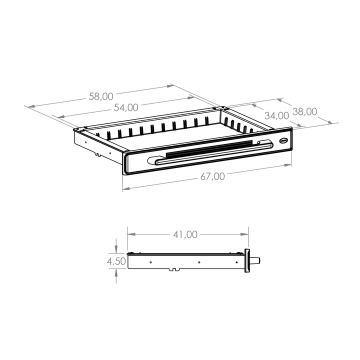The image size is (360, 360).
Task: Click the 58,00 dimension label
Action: (x=101, y=96)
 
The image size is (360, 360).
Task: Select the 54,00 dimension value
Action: (x=126, y=107)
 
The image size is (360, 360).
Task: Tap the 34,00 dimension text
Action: (x=276, y=115)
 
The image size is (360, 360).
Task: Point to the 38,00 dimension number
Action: (x=305, y=111)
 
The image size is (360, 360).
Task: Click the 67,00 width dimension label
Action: (x=212, y=176)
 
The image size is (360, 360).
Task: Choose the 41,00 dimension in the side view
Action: (x=185, y=234)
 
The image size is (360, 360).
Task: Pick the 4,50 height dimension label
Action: (x=116, y=261)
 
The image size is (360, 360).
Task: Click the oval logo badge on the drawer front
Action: (x=284, y=140)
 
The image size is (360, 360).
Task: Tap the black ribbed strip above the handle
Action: (x=209, y=148)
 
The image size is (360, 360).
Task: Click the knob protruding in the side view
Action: (x=256, y=261)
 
